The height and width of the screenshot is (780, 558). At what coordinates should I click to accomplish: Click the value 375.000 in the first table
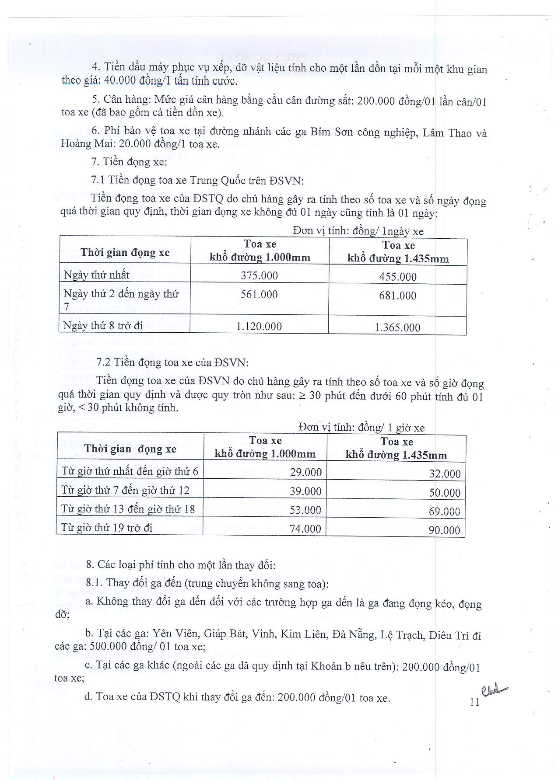[259, 275]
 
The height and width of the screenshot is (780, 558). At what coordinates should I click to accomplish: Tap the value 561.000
[259, 295]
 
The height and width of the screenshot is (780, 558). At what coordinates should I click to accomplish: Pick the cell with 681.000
[397, 296]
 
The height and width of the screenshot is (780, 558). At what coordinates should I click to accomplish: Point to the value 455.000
[398, 277]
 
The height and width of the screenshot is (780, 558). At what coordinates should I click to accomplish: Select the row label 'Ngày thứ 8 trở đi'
[103, 326]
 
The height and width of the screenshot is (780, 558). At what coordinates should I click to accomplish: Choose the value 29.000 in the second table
[305, 472]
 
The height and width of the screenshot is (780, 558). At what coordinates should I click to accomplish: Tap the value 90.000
[445, 530]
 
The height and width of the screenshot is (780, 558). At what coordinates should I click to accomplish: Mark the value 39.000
[305, 491]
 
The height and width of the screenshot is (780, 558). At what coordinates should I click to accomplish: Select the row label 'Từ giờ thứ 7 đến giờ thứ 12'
[125, 491]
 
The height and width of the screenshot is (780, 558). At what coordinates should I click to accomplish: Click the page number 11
[474, 702]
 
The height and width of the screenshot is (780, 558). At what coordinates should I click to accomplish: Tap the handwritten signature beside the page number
[494, 691]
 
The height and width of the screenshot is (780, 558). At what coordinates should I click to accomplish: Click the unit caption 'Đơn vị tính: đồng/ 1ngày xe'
[358, 231]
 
